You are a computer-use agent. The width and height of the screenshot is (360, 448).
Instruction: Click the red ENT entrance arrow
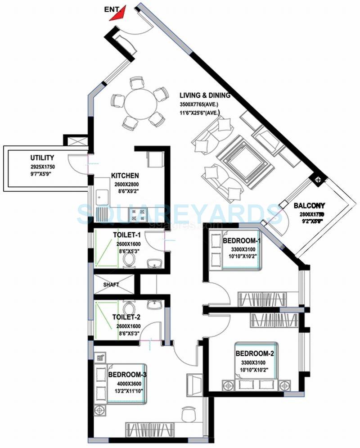pos(119,14)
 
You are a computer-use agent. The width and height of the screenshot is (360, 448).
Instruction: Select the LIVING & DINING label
pos(205,95)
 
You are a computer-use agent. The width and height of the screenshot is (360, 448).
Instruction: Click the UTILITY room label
pos(42,158)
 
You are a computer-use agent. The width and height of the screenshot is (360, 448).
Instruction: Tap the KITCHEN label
pos(125,176)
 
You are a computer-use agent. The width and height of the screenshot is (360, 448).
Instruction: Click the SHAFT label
pos(111,285)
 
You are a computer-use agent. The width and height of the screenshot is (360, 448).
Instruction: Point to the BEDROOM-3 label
pos(127,374)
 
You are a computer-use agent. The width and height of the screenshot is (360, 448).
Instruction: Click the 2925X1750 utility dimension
pos(42,166)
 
